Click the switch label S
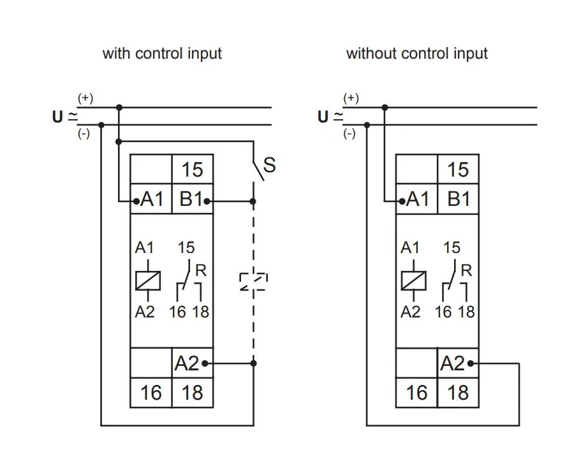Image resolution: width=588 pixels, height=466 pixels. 270,165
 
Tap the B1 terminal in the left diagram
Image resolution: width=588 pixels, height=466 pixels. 191,200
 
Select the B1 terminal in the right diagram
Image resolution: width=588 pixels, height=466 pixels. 458,200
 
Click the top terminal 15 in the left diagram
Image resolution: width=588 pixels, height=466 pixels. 192,170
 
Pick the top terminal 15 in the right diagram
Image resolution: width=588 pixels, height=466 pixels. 458,170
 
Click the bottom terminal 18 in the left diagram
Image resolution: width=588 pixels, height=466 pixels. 192,393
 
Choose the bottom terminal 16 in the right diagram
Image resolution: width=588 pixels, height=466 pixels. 416,393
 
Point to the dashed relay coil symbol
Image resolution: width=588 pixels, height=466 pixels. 253,281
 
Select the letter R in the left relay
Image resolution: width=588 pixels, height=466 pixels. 201,270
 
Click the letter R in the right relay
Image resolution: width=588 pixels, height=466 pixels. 466,270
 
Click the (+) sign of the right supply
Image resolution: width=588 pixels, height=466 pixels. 351,98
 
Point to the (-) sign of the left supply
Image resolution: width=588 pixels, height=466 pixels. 84,135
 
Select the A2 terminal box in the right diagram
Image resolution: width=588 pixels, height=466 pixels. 458,363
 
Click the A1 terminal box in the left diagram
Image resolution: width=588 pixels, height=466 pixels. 151,200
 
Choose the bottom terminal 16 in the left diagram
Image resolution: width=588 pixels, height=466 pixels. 151,393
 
